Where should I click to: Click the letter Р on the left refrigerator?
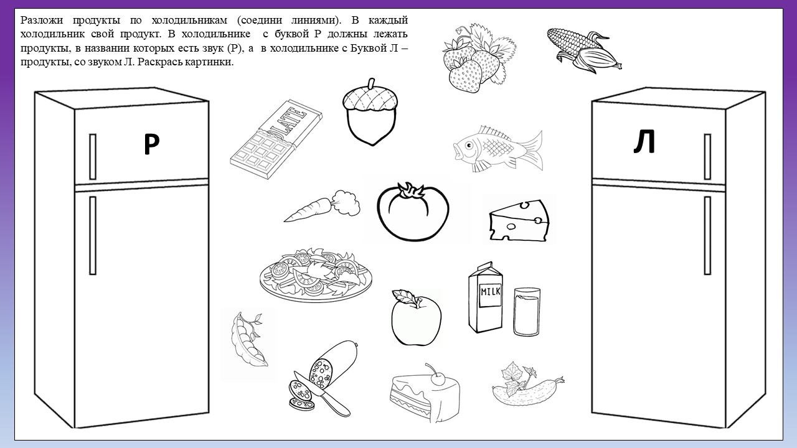coord(151,144)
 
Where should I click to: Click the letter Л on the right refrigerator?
coord(644,141)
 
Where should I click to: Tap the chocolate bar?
coord(276,139)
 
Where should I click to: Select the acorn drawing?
coord(370,113)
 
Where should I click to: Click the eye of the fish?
coord(469,145)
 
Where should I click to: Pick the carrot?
coord(321,206)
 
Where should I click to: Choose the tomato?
coord(413,212)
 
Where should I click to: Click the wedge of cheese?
coord(519,220)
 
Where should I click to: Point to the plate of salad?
coord(316,275)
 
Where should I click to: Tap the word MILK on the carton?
coord(491,292)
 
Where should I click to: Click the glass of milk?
coord(527,312)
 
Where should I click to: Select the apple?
coord(416,317)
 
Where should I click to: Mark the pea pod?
coord(248,340)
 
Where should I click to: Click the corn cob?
coord(583,49)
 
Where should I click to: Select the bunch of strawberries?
coord(479,58)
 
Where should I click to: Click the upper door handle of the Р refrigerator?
coord(93,156)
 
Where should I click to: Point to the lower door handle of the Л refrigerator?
coord(707,235)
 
